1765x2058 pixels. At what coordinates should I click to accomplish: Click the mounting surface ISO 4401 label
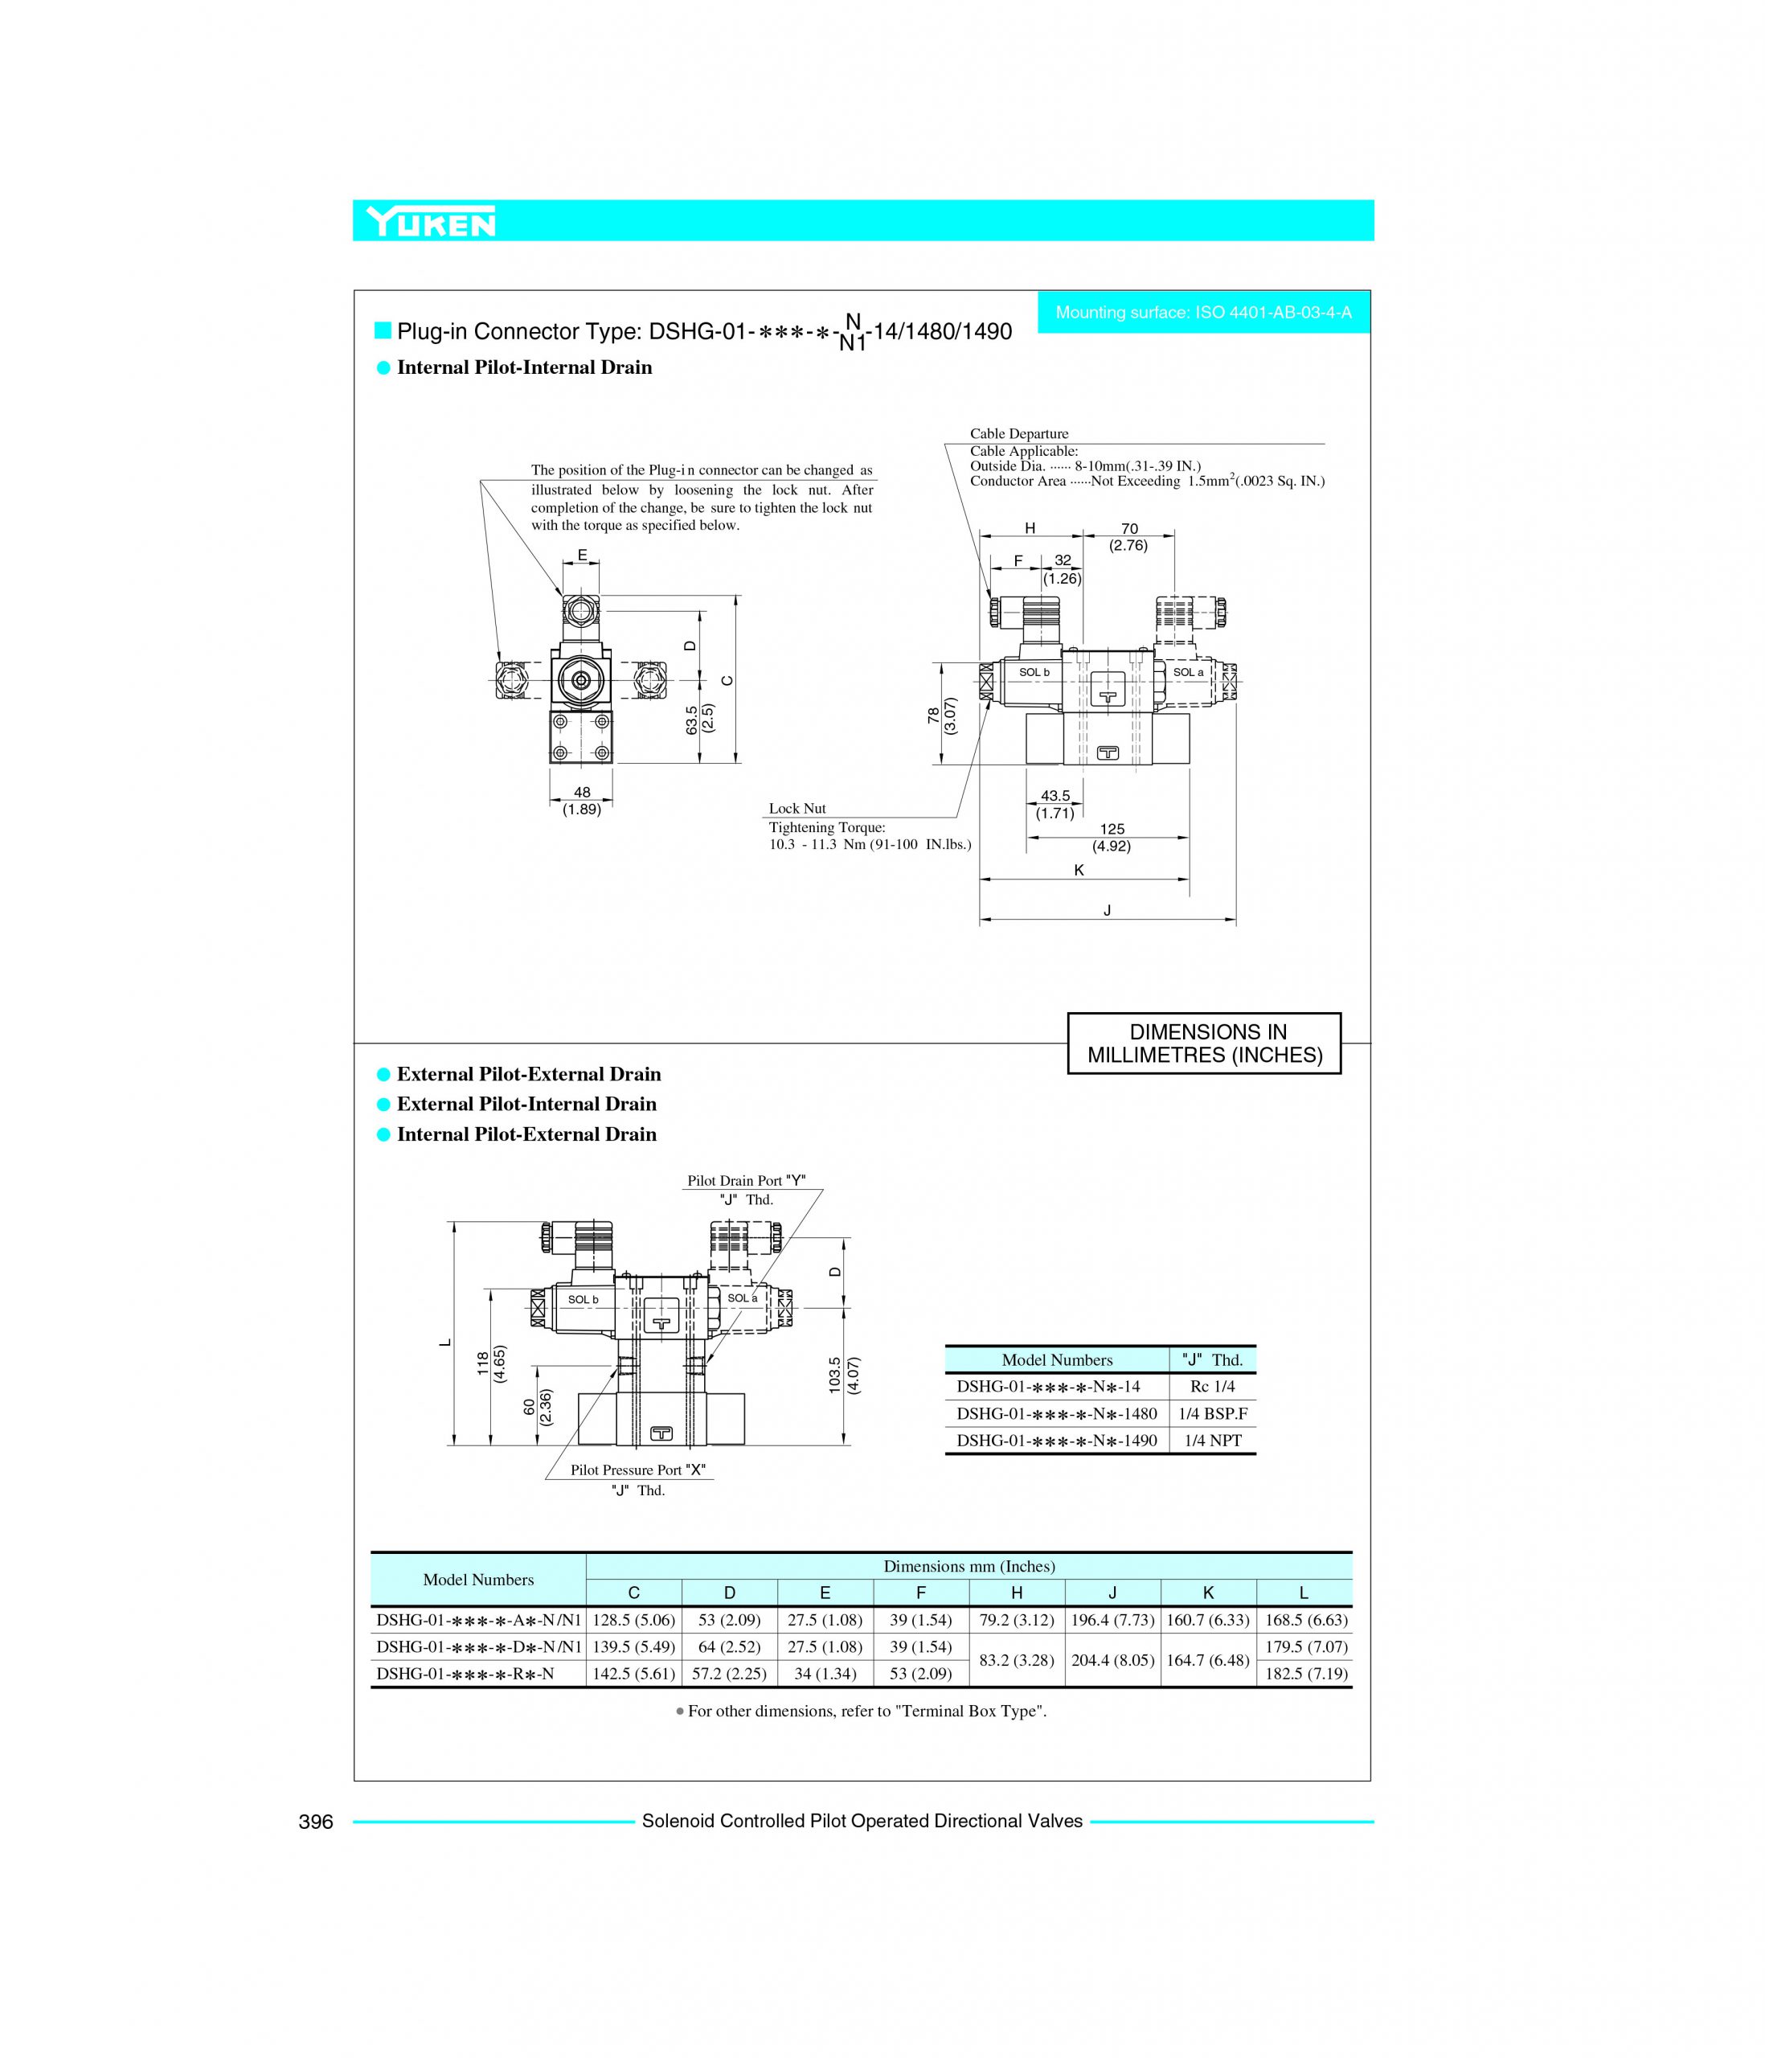coord(1203,313)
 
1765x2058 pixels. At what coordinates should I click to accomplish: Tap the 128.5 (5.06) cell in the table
coord(633,1620)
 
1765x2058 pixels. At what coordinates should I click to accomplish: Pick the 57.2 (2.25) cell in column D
coord(729,1674)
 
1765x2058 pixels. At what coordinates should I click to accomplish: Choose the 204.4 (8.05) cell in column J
coord(1112,1660)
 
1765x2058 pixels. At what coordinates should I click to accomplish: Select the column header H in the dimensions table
coord(1016,1593)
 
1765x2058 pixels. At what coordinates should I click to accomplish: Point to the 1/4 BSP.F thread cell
coord(1213,1413)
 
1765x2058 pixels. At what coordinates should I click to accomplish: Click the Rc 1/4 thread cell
coord(1212,1387)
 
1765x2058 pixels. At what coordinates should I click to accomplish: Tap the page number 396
coord(316,1822)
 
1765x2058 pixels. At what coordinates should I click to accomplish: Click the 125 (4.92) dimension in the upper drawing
coord(1112,838)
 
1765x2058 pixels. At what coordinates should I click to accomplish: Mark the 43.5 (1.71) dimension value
coord(1054,805)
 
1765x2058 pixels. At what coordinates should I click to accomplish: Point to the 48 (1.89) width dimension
coord(582,801)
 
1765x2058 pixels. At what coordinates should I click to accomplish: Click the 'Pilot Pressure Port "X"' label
coord(637,1470)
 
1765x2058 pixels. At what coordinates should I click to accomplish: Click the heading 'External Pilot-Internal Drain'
coord(526,1104)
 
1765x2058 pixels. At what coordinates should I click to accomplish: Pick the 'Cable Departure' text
coord(1019,434)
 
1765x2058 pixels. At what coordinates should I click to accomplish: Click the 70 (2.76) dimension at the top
coord(1128,537)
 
